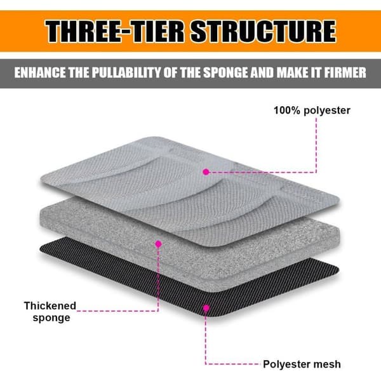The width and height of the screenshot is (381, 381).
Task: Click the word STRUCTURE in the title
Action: (x=264, y=31)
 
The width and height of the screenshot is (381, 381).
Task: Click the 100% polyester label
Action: (x=312, y=110)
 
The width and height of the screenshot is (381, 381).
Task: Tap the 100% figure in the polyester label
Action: (x=287, y=110)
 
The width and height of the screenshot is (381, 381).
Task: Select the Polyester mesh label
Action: (x=302, y=364)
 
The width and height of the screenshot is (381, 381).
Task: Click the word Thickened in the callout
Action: (x=50, y=305)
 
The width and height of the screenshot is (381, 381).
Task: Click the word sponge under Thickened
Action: (x=51, y=318)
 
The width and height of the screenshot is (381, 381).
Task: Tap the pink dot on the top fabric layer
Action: (x=206, y=172)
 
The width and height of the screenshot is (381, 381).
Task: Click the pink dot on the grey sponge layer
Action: (x=158, y=244)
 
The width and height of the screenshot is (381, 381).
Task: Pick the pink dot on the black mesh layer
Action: (x=206, y=308)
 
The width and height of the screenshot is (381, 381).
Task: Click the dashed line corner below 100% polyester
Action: (x=316, y=172)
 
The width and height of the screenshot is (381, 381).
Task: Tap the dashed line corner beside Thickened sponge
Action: (x=158, y=311)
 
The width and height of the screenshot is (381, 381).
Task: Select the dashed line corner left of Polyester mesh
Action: (x=206, y=364)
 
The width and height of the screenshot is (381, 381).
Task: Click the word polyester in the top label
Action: (x=327, y=110)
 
